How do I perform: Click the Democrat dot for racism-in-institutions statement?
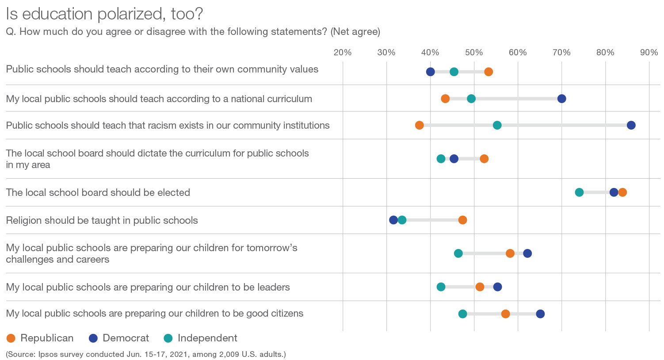click(631, 125)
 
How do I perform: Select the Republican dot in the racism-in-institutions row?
click(419, 125)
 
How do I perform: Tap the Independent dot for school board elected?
click(579, 192)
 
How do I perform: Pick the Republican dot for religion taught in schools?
click(462, 220)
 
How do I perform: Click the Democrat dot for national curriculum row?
click(561, 99)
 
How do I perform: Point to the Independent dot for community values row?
click(454, 72)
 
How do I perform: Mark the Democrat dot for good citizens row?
click(540, 314)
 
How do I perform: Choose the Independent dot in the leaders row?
click(441, 287)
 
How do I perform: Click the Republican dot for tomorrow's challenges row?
click(510, 253)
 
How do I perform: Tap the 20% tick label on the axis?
click(343, 53)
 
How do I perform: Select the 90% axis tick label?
click(649, 53)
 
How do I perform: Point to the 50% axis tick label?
click(474, 53)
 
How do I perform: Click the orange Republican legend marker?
click(11, 338)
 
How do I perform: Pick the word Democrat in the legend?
click(126, 338)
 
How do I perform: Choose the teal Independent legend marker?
click(168, 338)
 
